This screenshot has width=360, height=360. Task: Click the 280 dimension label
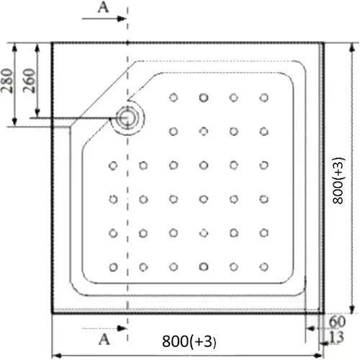pos(6,81)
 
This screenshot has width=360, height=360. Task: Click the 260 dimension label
pos(29,81)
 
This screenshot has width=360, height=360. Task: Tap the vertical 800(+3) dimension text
pos(338,181)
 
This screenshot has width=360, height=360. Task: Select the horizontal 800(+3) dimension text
pos(189,341)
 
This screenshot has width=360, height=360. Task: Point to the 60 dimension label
pos(338,322)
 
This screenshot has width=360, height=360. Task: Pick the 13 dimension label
pos(336,337)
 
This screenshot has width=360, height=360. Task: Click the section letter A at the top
pos(104,7)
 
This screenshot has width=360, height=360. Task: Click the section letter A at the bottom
pos(104,339)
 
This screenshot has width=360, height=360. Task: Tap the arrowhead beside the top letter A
pos(122,19)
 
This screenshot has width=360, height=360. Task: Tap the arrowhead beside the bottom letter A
pos(122,328)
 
